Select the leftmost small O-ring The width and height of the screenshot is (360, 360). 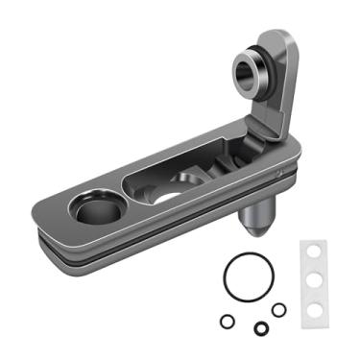pyautogui.click(x=227, y=321)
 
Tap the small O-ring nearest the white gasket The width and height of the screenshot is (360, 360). pyautogui.click(x=278, y=309)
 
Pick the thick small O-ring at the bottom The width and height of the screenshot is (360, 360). pyautogui.click(x=260, y=328)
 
